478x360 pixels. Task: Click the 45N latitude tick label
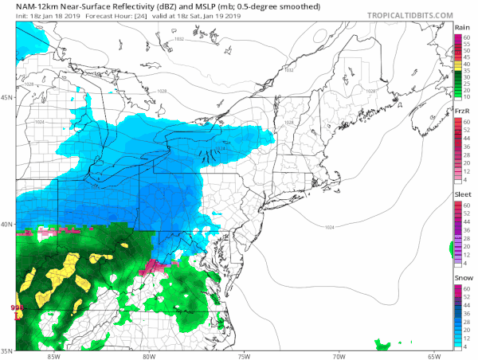pyautogui.click(x=8, y=98)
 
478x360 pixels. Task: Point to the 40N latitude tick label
pyautogui.click(x=8, y=224)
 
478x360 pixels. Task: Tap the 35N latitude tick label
pyautogui.click(x=8, y=350)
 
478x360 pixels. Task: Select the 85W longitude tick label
pyautogui.click(x=54, y=355)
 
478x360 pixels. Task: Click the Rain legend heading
pyautogui.click(x=460, y=28)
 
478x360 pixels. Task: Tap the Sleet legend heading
pyautogui.click(x=460, y=194)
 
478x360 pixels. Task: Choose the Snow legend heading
pyautogui.click(x=460, y=279)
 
